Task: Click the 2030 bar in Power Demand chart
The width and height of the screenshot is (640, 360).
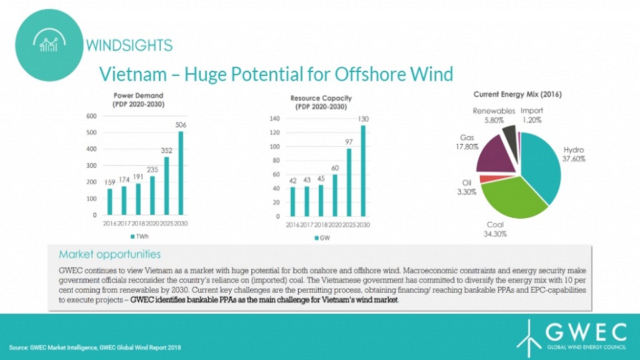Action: point(181,173)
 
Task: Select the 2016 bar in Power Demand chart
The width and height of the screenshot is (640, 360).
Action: point(110,201)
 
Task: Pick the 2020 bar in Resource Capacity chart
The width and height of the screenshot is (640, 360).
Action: point(335,195)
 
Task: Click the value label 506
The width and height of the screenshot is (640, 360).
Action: point(181,125)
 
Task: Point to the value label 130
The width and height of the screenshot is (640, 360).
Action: point(363,119)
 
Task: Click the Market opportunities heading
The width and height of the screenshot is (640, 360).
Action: point(110,254)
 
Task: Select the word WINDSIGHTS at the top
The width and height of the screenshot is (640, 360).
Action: point(129,45)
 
